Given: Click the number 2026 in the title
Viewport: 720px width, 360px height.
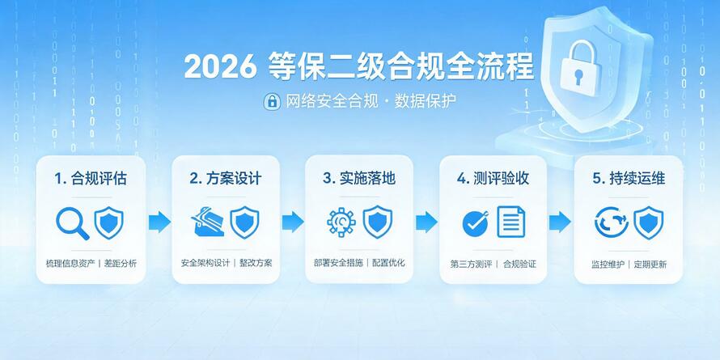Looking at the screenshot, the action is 220,67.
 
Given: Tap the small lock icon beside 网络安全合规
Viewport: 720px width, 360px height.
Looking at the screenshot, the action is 272,101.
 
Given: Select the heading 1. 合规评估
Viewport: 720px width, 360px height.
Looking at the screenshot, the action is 91,179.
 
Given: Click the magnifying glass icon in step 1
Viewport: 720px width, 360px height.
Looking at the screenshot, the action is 72,223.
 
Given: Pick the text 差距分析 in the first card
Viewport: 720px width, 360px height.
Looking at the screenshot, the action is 121,264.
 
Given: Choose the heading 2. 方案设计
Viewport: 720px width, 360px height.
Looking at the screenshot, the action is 226,179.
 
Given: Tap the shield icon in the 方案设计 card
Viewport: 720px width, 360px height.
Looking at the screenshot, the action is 244,222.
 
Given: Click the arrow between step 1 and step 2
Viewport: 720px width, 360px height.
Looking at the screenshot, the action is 159,222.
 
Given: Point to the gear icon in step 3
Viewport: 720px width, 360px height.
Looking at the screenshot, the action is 341,222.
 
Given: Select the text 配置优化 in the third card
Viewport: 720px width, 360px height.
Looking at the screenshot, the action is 388,263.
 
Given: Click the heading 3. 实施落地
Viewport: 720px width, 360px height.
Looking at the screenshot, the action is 358,178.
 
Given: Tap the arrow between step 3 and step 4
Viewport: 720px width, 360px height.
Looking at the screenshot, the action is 426,222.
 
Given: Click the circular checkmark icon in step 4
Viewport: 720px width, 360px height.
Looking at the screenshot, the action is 475,223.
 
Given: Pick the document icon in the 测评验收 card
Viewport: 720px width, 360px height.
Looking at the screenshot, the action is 511,222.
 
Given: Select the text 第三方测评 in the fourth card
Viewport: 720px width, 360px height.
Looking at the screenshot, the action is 471,265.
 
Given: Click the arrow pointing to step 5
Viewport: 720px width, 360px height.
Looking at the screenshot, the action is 560,222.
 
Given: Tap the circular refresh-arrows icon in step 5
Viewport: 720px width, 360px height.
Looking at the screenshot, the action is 611,222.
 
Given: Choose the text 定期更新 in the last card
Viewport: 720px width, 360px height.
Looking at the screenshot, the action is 650,265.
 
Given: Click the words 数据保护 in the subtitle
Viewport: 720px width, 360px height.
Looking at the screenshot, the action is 426,101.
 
